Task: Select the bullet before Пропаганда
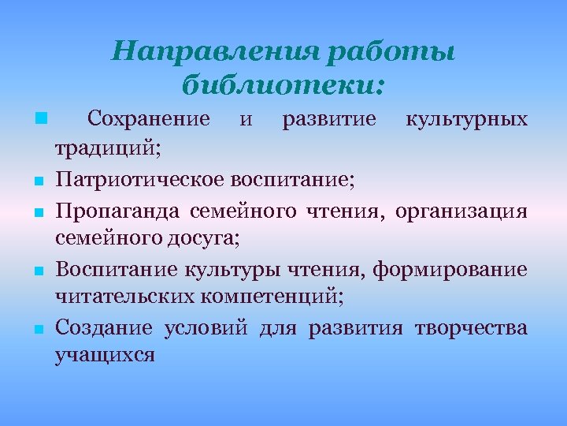pos(39,212)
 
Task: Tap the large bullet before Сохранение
pos(40,120)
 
